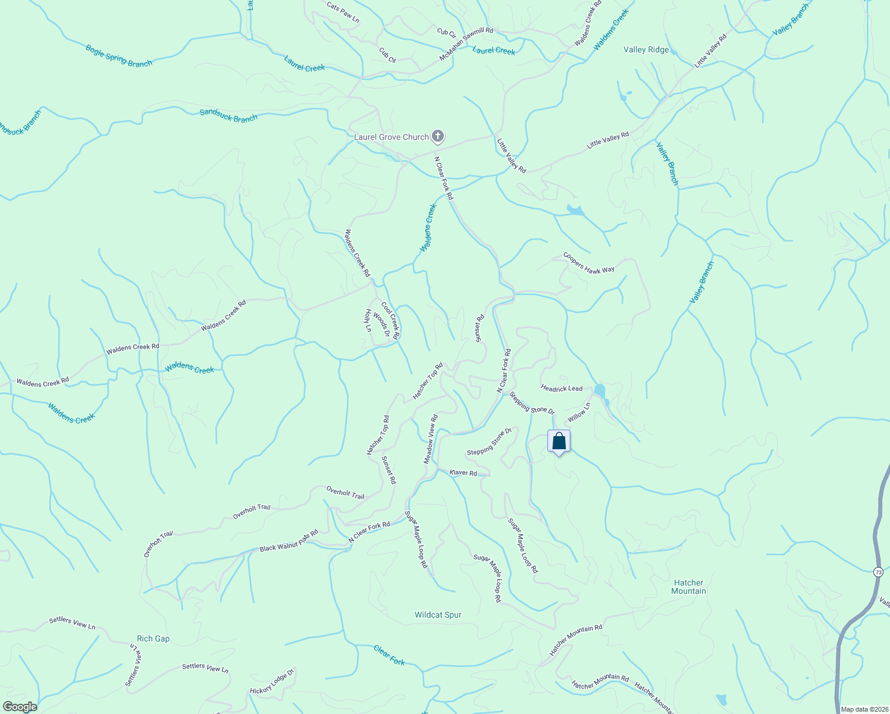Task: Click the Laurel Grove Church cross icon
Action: (438, 137)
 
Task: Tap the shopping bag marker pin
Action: (559, 441)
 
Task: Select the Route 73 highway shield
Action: (878, 572)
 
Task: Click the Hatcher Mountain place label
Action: (688, 587)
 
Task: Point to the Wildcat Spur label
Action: (438, 615)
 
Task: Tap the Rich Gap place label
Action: (153, 638)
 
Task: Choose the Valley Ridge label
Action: (646, 49)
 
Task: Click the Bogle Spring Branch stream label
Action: (119, 55)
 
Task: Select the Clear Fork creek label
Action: (389, 654)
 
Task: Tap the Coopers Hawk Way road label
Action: (589, 263)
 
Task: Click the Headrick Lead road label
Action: (562, 388)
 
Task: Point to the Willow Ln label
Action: (579, 412)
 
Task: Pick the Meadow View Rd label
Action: (431, 439)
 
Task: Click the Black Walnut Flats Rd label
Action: (289, 540)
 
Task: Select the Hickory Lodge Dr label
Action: (272, 682)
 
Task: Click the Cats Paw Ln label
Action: (343, 12)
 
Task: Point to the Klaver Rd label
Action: (463, 472)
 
